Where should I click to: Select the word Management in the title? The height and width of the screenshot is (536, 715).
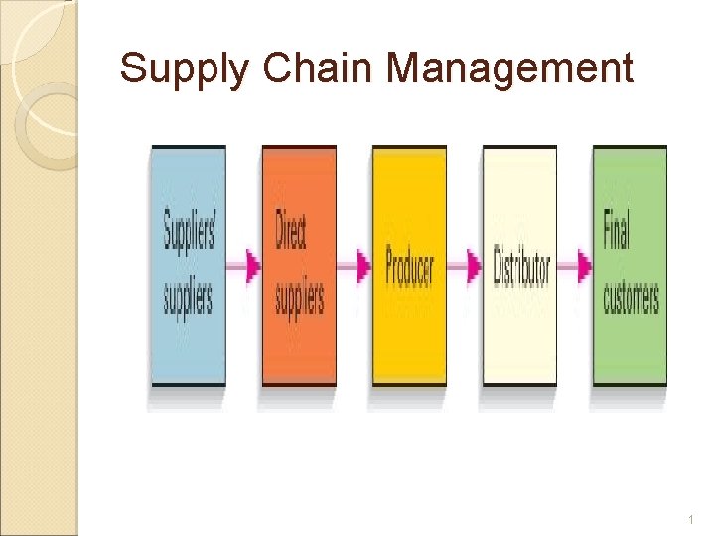pyautogui.click(x=509, y=70)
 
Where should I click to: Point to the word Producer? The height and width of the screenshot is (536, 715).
pyautogui.click(x=409, y=266)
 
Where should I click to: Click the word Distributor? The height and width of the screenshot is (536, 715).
pyautogui.click(x=521, y=266)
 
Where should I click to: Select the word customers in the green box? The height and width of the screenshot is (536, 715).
pyautogui.click(x=631, y=296)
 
